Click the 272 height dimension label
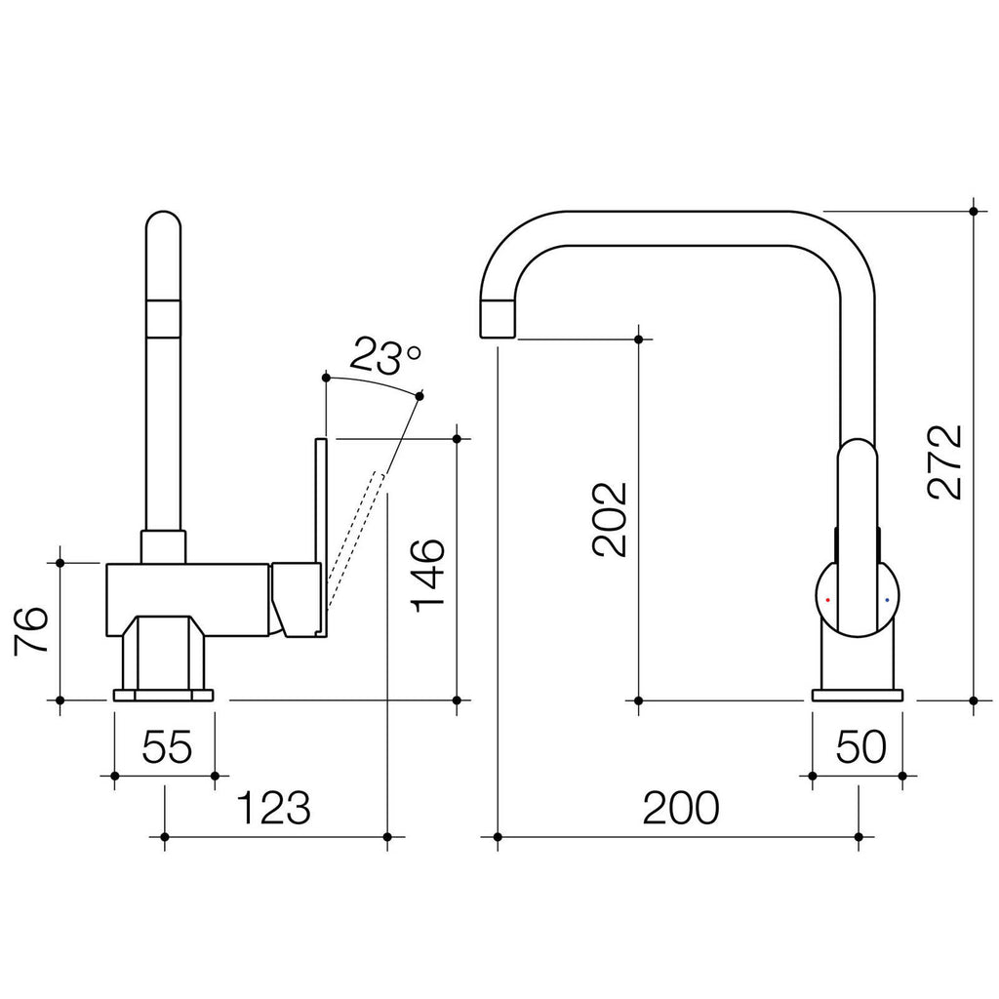click(x=944, y=460)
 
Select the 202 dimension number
click(x=610, y=519)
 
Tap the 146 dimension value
click(x=427, y=576)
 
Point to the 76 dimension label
click(x=30, y=629)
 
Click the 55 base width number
click(x=166, y=746)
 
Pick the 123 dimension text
click(x=273, y=807)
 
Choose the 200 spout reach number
click(x=681, y=807)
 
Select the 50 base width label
click(x=860, y=746)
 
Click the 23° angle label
click(x=384, y=357)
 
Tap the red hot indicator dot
click(x=827, y=600)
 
